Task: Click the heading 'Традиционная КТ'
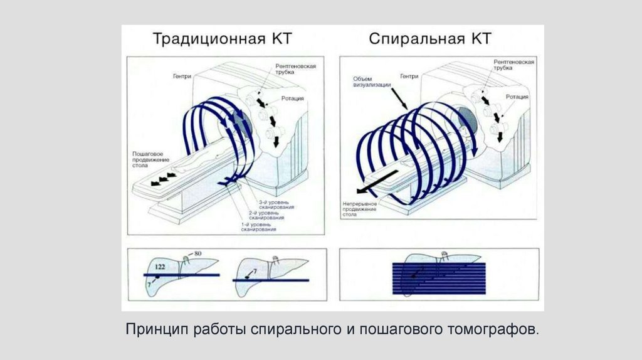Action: click(x=223, y=38)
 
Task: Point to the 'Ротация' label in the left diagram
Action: click(x=292, y=98)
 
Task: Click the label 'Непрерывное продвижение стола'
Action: click(x=359, y=208)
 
